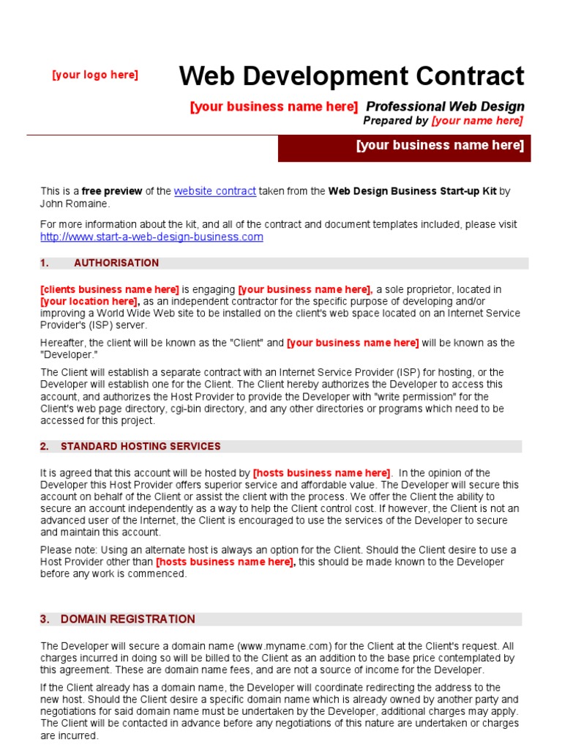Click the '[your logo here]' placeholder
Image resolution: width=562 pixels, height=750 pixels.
coord(95,75)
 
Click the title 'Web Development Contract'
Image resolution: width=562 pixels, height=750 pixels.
coord(351,76)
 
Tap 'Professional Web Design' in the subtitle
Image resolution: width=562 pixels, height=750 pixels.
coord(445,107)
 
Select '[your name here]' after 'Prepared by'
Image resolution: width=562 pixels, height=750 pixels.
coord(477,121)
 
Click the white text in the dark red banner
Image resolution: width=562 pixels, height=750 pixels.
coord(440,145)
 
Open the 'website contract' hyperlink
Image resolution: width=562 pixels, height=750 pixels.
coord(215,191)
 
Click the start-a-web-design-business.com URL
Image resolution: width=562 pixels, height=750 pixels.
coord(151,237)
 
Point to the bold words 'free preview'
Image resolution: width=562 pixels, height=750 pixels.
coord(112,191)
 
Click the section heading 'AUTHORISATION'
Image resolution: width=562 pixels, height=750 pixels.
coord(116,263)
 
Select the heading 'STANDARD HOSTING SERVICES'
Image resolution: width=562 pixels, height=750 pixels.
coord(140,446)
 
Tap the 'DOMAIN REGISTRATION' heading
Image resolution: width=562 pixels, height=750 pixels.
coord(128,619)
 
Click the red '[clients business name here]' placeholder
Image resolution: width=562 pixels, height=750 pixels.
coord(110,289)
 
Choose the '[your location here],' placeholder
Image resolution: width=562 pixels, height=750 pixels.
coord(89,301)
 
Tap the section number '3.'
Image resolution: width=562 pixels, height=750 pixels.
coord(45,619)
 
